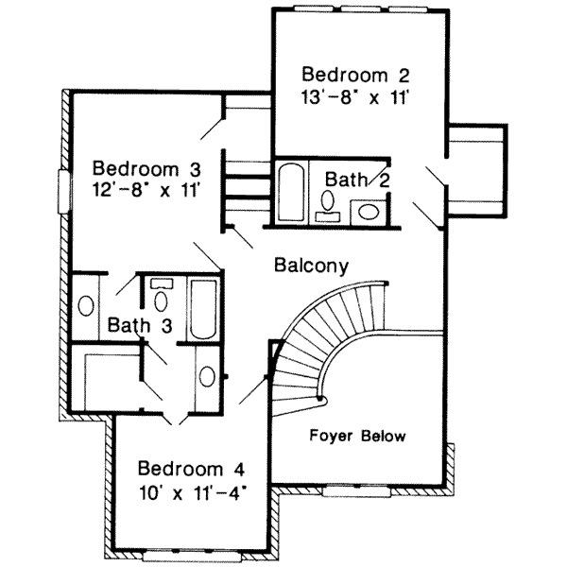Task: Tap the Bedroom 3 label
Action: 146,169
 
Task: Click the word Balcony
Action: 312,266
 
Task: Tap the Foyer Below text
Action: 358,437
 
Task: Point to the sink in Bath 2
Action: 366,211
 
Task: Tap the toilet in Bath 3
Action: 160,298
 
